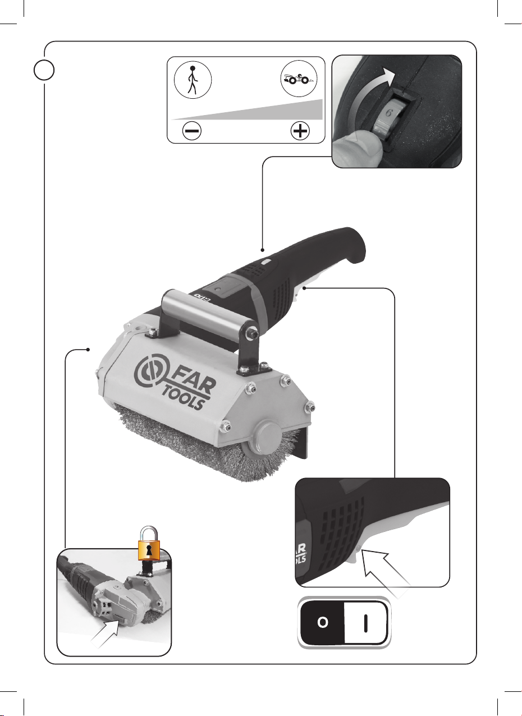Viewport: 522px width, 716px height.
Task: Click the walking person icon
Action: coord(193,80)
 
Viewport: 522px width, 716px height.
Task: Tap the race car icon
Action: coord(299,79)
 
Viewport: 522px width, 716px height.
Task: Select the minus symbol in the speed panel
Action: coord(192,131)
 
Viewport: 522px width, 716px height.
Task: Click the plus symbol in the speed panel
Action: coord(300,131)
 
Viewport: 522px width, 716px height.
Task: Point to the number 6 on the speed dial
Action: coord(389,113)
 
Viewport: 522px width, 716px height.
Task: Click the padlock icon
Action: coord(149,543)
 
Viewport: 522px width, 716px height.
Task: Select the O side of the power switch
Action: coord(322,622)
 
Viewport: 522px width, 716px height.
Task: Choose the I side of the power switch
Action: coord(366,622)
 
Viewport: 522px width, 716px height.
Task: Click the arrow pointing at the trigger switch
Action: coord(386,573)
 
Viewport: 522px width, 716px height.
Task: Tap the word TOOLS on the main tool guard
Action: coord(183,398)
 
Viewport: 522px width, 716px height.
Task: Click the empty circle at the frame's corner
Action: coord(44,70)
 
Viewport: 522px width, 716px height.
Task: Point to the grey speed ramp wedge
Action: coord(256,111)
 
